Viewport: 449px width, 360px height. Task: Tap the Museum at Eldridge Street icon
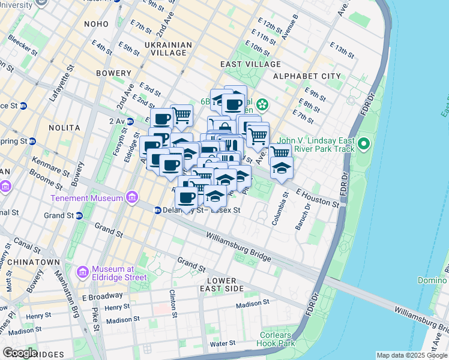[83, 272]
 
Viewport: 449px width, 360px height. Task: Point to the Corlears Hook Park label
[278, 340]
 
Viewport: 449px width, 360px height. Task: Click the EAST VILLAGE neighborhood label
[250, 64]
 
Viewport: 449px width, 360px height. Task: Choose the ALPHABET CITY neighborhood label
[307, 77]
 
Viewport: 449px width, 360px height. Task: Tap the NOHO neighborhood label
[97, 24]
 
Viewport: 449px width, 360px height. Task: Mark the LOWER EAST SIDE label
[225, 284]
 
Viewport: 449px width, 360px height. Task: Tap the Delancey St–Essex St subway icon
[157, 210]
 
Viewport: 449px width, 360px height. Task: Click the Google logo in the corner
[20, 353]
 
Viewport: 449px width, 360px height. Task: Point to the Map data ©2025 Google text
[412, 355]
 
